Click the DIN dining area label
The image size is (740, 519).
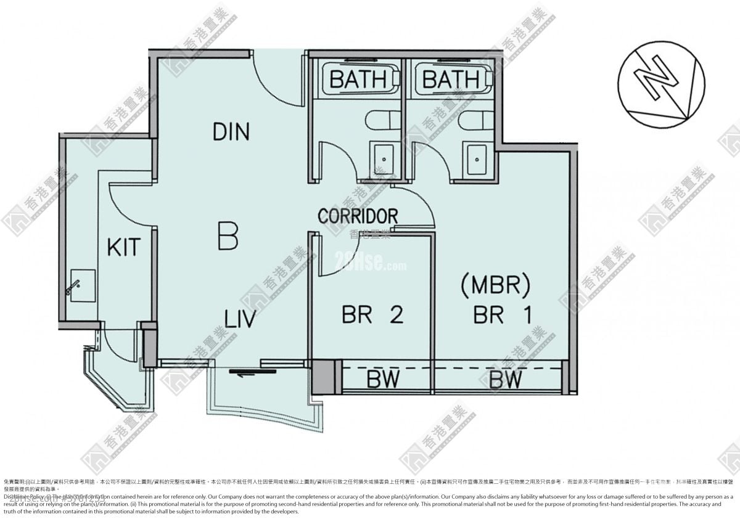231,131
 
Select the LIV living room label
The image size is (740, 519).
240,319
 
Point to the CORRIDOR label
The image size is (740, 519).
358,216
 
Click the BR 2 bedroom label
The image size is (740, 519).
372,315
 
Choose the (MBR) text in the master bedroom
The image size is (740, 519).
496,285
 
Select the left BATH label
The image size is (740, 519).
357,80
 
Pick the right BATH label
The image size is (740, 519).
451,80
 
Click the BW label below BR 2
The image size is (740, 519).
383,379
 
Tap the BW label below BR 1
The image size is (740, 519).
506,379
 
